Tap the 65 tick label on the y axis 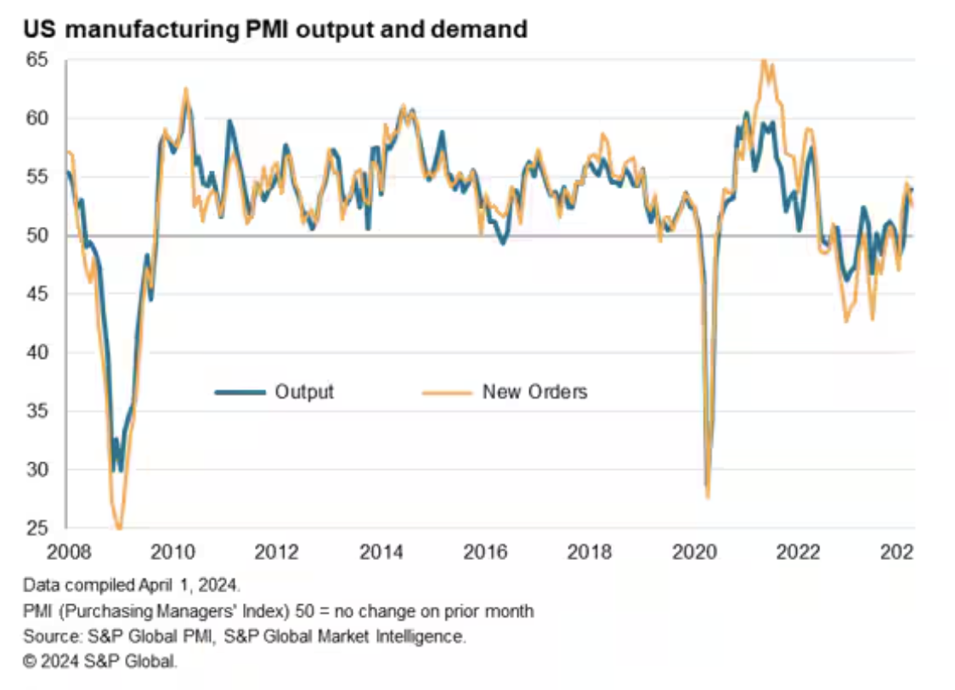click(38, 60)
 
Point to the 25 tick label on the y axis click(38, 529)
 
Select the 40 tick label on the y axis click(38, 353)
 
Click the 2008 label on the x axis click(68, 552)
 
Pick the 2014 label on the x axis click(381, 552)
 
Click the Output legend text click(304, 392)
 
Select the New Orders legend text click(534, 392)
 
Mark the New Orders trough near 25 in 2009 click(118, 528)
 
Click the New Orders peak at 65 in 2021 click(764, 61)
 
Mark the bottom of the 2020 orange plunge click(707, 497)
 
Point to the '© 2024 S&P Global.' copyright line click(100, 659)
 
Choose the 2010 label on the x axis click(172, 552)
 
